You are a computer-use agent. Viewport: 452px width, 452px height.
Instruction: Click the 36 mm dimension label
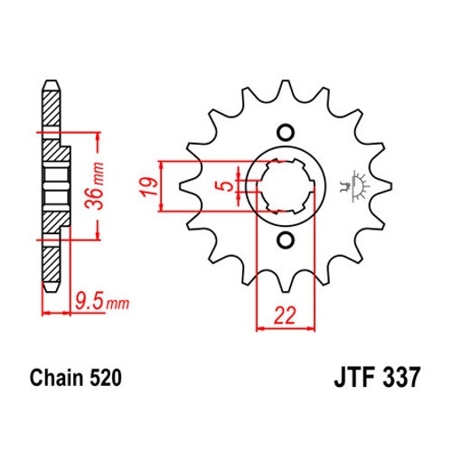[x=95, y=186]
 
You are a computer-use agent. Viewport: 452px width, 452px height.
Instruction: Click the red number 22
[x=285, y=315]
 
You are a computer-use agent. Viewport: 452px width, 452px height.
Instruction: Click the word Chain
[x=57, y=378]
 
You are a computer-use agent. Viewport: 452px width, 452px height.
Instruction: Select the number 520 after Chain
[x=105, y=378]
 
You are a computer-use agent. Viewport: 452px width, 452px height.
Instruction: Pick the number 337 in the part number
[x=400, y=377]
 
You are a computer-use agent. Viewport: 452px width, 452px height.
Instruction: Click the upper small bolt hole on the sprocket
[x=285, y=132]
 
